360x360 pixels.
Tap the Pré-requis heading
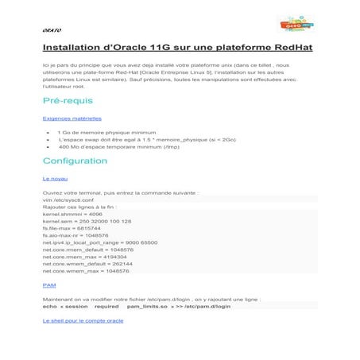(x=68, y=101)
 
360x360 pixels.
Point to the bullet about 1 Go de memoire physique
(x=103, y=131)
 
